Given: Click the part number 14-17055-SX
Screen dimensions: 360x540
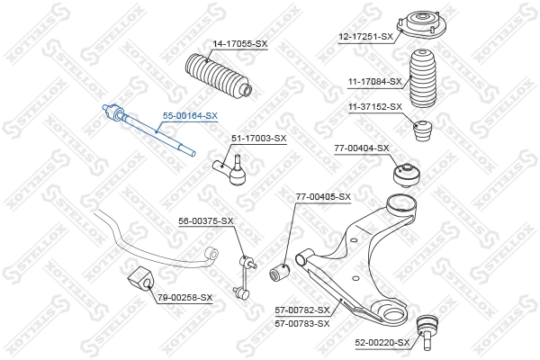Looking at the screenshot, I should (x=240, y=43).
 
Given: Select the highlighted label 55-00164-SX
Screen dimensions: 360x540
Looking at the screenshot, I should (x=190, y=116).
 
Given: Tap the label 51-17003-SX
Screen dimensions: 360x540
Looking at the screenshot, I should (x=258, y=138).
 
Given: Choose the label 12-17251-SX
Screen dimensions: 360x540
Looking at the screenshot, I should (x=366, y=36).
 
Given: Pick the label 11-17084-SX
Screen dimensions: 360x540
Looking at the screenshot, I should (x=375, y=82).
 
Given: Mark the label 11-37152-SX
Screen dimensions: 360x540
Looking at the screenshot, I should (x=375, y=106).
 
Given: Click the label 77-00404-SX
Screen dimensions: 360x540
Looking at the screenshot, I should (x=362, y=148).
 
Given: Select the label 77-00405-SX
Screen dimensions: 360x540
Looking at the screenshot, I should (x=323, y=196).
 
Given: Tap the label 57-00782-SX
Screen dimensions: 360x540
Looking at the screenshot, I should (x=302, y=310).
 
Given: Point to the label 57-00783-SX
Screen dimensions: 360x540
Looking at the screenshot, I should (x=302, y=322).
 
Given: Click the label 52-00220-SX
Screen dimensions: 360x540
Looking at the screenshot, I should (x=382, y=342).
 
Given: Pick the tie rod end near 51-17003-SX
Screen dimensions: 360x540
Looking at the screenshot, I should (x=231, y=169).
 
